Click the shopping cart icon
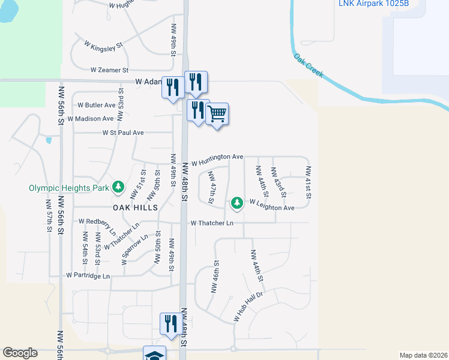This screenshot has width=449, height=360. pyautogui.click(x=217, y=113)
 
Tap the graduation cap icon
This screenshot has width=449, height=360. pyautogui.click(x=155, y=355)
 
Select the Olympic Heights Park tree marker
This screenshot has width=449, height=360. pyautogui.click(x=118, y=188)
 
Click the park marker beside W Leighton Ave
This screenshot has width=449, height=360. pyautogui.click(x=237, y=203)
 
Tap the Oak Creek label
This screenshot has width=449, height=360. pyautogui.click(x=309, y=66)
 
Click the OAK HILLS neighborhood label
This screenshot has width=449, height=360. pyautogui.click(x=135, y=208)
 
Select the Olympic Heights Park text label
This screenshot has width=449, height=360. pyautogui.click(x=69, y=188)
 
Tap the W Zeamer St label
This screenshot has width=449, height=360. pyautogui.click(x=110, y=70)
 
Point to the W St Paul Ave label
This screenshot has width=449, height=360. pyautogui.click(x=123, y=133)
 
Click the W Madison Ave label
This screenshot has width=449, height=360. pyautogui.click(x=91, y=119)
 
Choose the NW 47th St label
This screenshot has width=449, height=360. pyautogui.click(x=211, y=187)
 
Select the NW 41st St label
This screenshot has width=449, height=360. pyautogui.click(x=308, y=182)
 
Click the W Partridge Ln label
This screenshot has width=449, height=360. pyautogui.click(x=89, y=276)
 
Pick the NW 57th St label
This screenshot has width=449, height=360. pyautogui.click(x=49, y=217)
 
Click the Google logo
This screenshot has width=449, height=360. pyautogui.click(x=20, y=353)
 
